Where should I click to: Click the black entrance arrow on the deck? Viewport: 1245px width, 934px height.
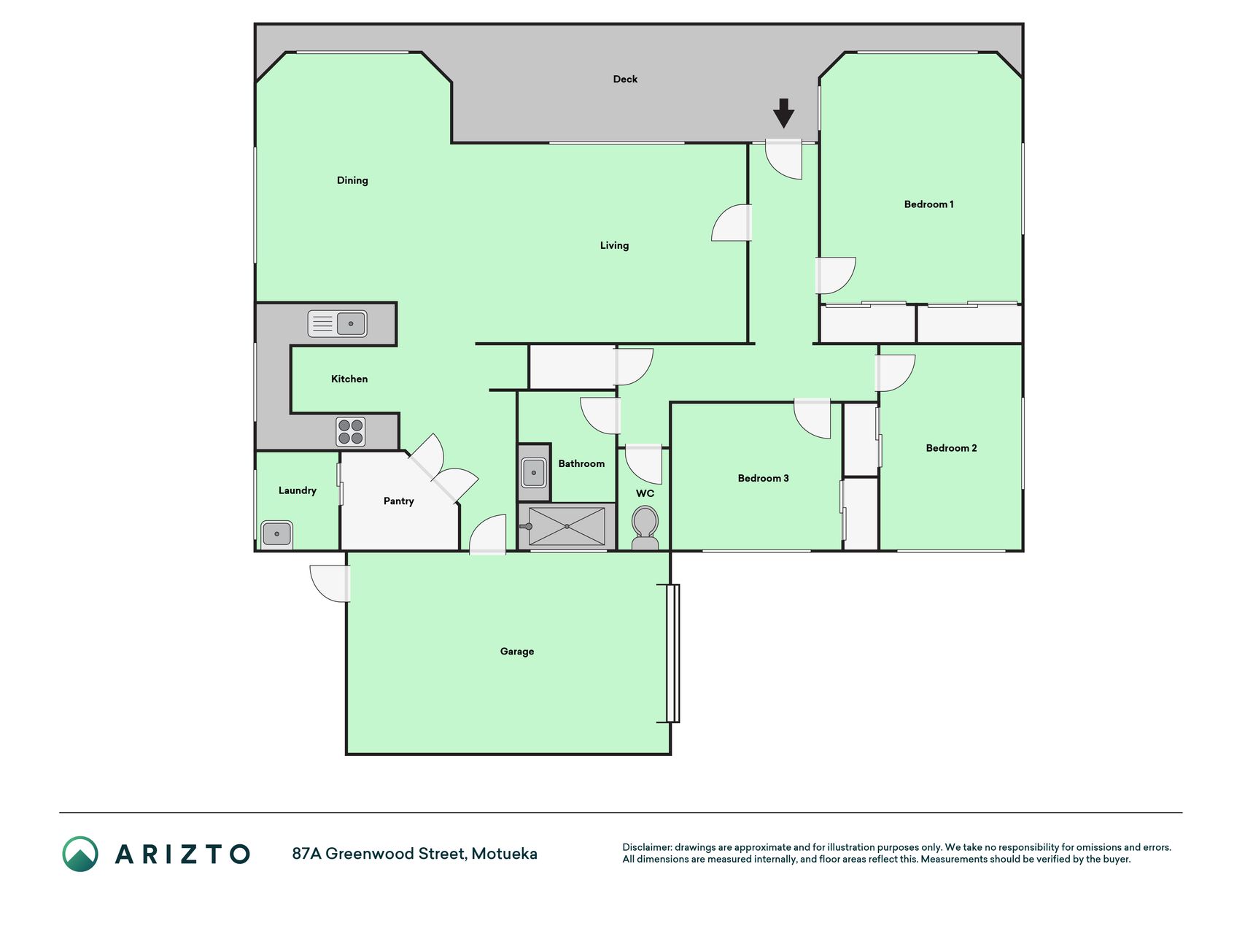[783, 113]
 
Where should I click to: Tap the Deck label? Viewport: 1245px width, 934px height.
[625, 79]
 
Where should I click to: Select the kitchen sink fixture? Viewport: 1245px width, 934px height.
[337, 323]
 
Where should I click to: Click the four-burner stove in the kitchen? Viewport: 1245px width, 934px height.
[351, 431]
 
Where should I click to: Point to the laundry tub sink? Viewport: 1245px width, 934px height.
[277, 533]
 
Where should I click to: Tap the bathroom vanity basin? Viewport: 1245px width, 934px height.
[534, 472]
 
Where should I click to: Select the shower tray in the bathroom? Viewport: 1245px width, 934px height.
[567, 526]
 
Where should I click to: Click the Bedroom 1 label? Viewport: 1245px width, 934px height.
[928, 204]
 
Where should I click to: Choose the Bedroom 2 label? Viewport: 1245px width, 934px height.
[951, 448]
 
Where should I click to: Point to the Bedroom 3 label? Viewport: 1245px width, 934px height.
[763, 479]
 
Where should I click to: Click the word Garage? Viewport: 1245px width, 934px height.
[517, 652]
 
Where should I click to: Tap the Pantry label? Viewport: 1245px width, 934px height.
[398, 501]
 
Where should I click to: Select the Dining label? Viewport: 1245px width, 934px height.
[352, 180]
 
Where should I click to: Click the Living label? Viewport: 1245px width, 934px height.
[614, 245]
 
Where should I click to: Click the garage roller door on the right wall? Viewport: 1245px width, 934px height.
[673, 653]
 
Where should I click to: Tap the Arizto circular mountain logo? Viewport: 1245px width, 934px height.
[80, 854]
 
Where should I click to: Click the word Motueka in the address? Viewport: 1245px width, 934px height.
[504, 854]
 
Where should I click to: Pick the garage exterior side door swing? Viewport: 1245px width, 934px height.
[330, 584]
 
